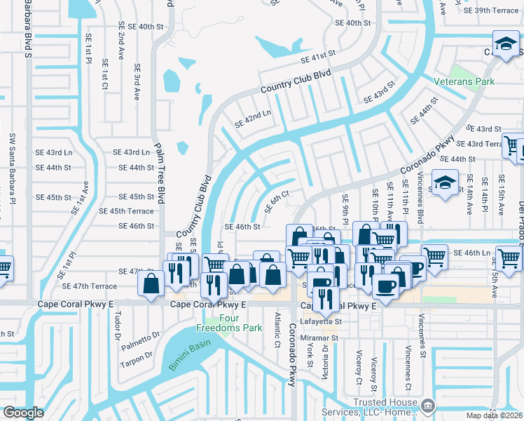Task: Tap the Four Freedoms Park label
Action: pyautogui.click(x=237, y=323)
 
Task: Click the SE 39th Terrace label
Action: pyautogui.click(x=495, y=11)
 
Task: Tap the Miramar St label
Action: pyautogui.click(x=321, y=338)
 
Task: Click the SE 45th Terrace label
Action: pyautogui.click(x=127, y=211)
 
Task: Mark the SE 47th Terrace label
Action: pyautogui.click(x=90, y=286)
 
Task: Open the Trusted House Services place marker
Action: pyautogui.click(x=427, y=405)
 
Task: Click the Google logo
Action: pyautogui.click(x=23, y=413)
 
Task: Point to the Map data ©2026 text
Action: pyautogui.click(x=495, y=415)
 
